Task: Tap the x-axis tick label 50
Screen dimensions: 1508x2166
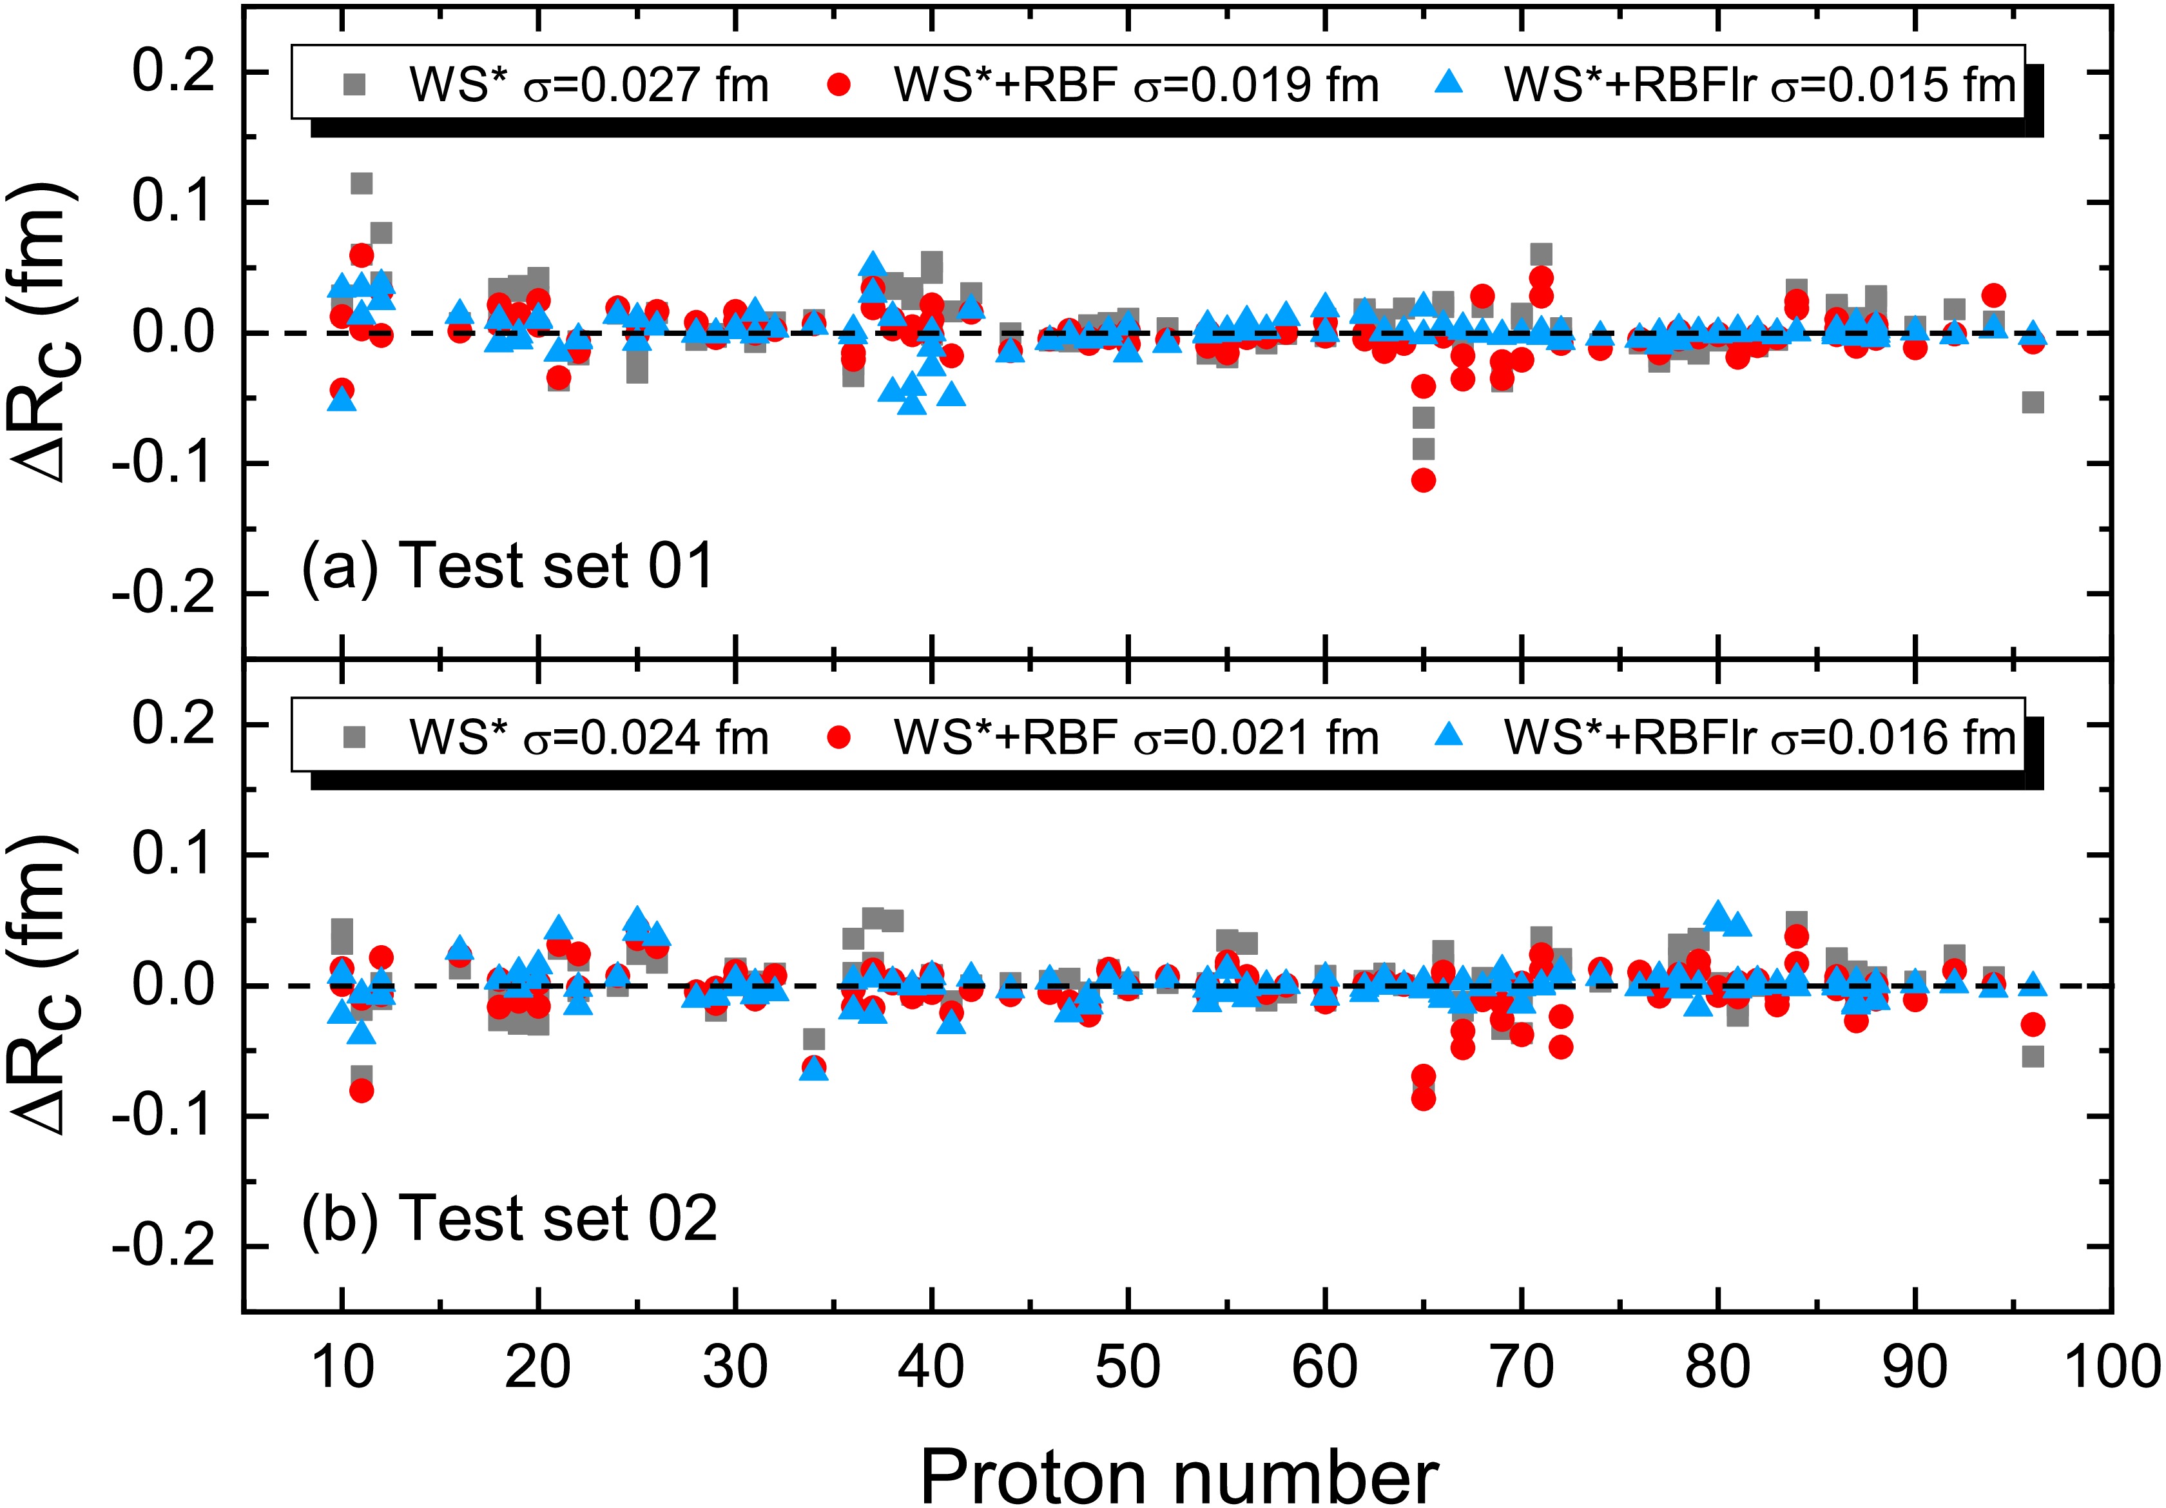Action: (x=1128, y=1367)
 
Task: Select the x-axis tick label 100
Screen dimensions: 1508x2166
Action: (x=2111, y=1367)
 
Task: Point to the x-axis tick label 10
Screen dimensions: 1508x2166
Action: (x=342, y=1367)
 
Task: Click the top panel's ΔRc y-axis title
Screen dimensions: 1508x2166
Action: (x=47, y=333)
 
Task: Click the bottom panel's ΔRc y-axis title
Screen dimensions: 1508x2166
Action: (x=47, y=985)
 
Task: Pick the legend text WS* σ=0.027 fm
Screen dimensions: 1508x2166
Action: (x=588, y=86)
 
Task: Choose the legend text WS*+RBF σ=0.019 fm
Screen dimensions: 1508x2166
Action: (x=1136, y=86)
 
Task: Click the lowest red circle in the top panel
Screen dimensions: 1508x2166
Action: (x=1424, y=480)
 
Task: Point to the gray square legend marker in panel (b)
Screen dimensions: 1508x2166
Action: (x=354, y=737)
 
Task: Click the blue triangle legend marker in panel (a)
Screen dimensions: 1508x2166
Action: (x=1447, y=84)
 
